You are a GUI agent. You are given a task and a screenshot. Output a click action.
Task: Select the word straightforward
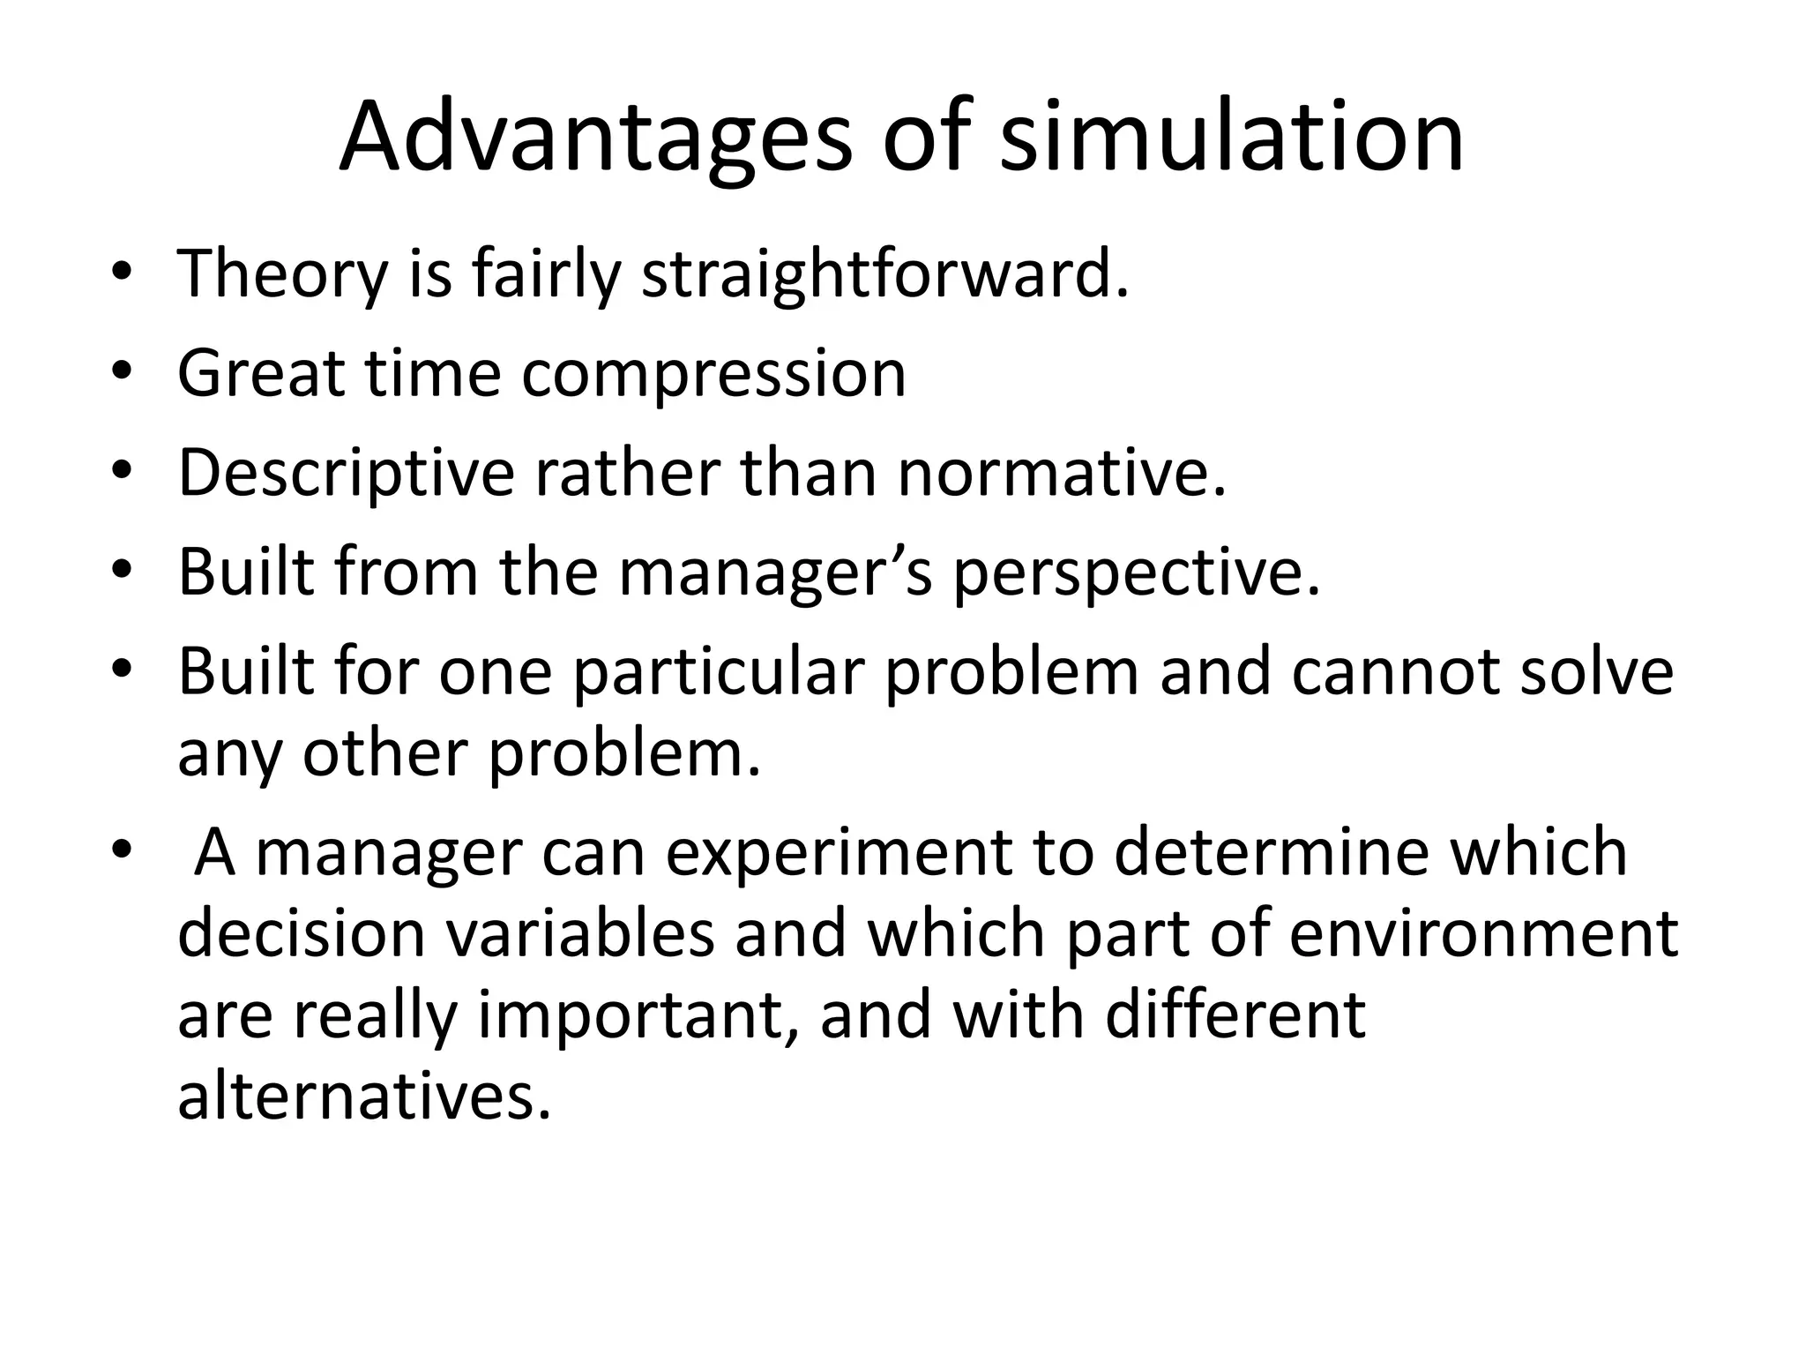pyautogui.click(x=884, y=274)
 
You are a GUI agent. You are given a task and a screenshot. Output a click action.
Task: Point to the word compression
pyautogui.click(x=713, y=374)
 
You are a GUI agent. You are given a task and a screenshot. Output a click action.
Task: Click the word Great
pyautogui.click(x=260, y=373)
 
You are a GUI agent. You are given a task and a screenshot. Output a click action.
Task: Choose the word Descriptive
pyautogui.click(x=346, y=474)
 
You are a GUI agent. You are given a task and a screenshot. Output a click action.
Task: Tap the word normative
pyautogui.click(x=1062, y=474)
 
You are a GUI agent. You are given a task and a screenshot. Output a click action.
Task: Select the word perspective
pyautogui.click(x=1137, y=575)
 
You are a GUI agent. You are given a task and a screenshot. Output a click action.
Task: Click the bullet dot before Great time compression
pyautogui.click(x=121, y=374)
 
